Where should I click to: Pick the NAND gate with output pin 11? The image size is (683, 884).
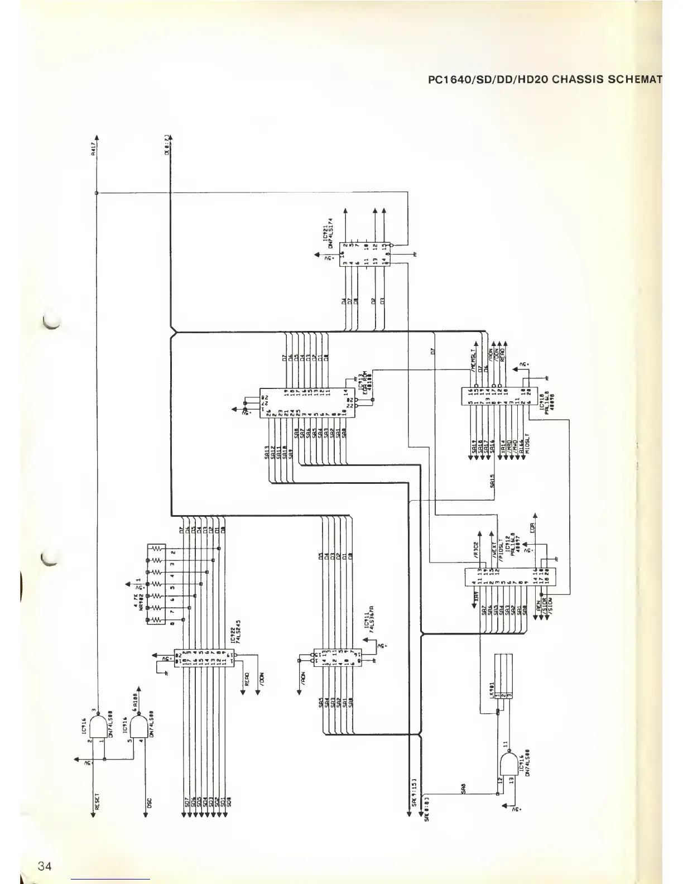click(x=510, y=764)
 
